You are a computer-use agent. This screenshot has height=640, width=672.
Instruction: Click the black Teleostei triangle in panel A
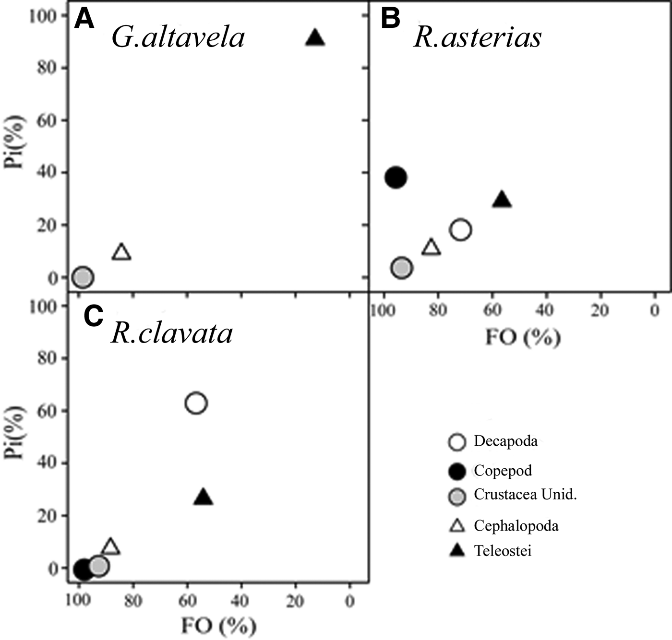pos(315,38)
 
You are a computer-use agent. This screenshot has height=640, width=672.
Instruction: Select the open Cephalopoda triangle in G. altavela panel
pos(121,252)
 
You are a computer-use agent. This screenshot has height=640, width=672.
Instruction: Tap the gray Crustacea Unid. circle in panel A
pos(83,277)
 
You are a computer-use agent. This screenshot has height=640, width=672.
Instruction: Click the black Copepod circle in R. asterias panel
pos(396,178)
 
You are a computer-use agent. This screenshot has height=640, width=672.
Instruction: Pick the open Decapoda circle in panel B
pos(460,230)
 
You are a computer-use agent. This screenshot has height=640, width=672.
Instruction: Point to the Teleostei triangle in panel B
pos(502,200)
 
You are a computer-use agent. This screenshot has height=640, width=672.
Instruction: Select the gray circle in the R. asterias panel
pos(402,268)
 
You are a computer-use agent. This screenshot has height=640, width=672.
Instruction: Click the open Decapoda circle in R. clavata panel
pos(196,403)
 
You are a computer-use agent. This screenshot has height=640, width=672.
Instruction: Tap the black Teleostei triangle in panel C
pos(203,498)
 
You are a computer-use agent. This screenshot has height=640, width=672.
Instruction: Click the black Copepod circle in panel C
pos(83,569)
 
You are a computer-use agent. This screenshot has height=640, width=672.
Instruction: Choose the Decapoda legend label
pos(505,441)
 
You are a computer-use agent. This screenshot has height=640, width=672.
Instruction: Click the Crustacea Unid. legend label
pos(525,495)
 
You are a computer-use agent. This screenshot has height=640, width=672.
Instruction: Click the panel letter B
pos(390,19)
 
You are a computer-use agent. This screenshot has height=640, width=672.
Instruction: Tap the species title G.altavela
pos(178,37)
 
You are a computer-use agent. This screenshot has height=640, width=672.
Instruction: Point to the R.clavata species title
pos(172,332)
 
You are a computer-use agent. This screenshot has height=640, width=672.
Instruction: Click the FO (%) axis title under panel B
pos(523,337)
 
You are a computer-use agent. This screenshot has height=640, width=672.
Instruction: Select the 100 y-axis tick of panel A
pos(42,16)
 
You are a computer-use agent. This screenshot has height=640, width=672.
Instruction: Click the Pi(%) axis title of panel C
pos(15,432)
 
